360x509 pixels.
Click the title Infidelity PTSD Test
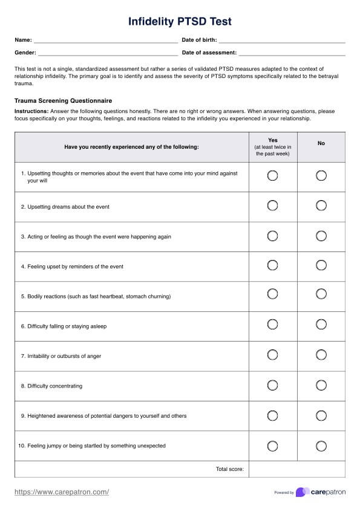[x=180, y=22]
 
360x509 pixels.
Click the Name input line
[x=105, y=41]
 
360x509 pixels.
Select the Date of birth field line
[x=282, y=41]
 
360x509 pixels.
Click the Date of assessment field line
[x=292, y=53]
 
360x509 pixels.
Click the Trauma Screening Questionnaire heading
[x=63, y=100]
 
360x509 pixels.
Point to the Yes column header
[x=272, y=147]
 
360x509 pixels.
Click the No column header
[x=321, y=143]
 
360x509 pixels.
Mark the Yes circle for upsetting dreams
[x=272, y=206]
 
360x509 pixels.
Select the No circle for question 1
[x=321, y=176]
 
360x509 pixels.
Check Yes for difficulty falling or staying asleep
[x=272, y=325]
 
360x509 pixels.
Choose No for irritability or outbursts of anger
[x=321, y=355]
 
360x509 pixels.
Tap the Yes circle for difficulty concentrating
[x=272, y=385]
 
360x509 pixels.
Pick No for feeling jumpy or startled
[x=321, y=446]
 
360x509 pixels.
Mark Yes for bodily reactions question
[x=272, y=294]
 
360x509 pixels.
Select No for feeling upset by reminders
[x=321, y=265]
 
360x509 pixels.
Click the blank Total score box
[x=296, y=469]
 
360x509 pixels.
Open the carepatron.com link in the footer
[x=62, y=492]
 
